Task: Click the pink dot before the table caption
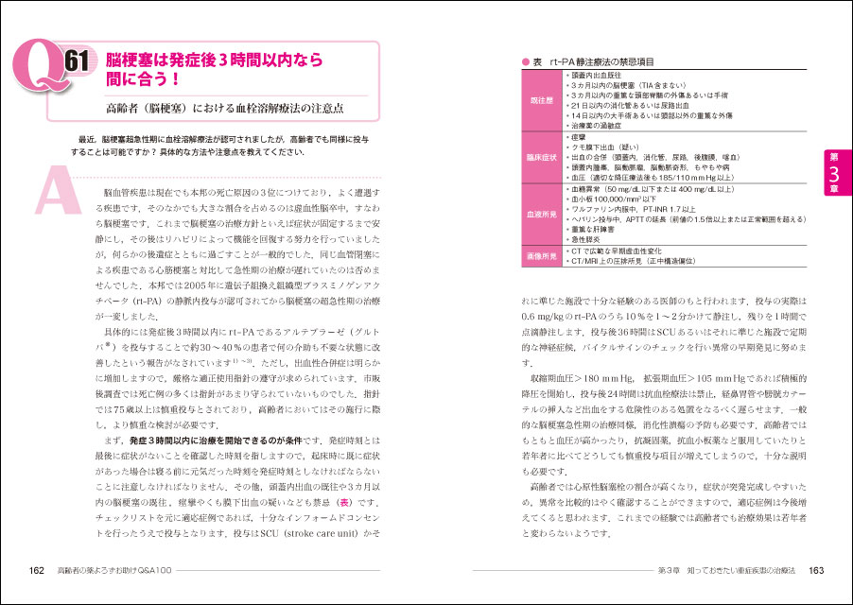tap(525, 61)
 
